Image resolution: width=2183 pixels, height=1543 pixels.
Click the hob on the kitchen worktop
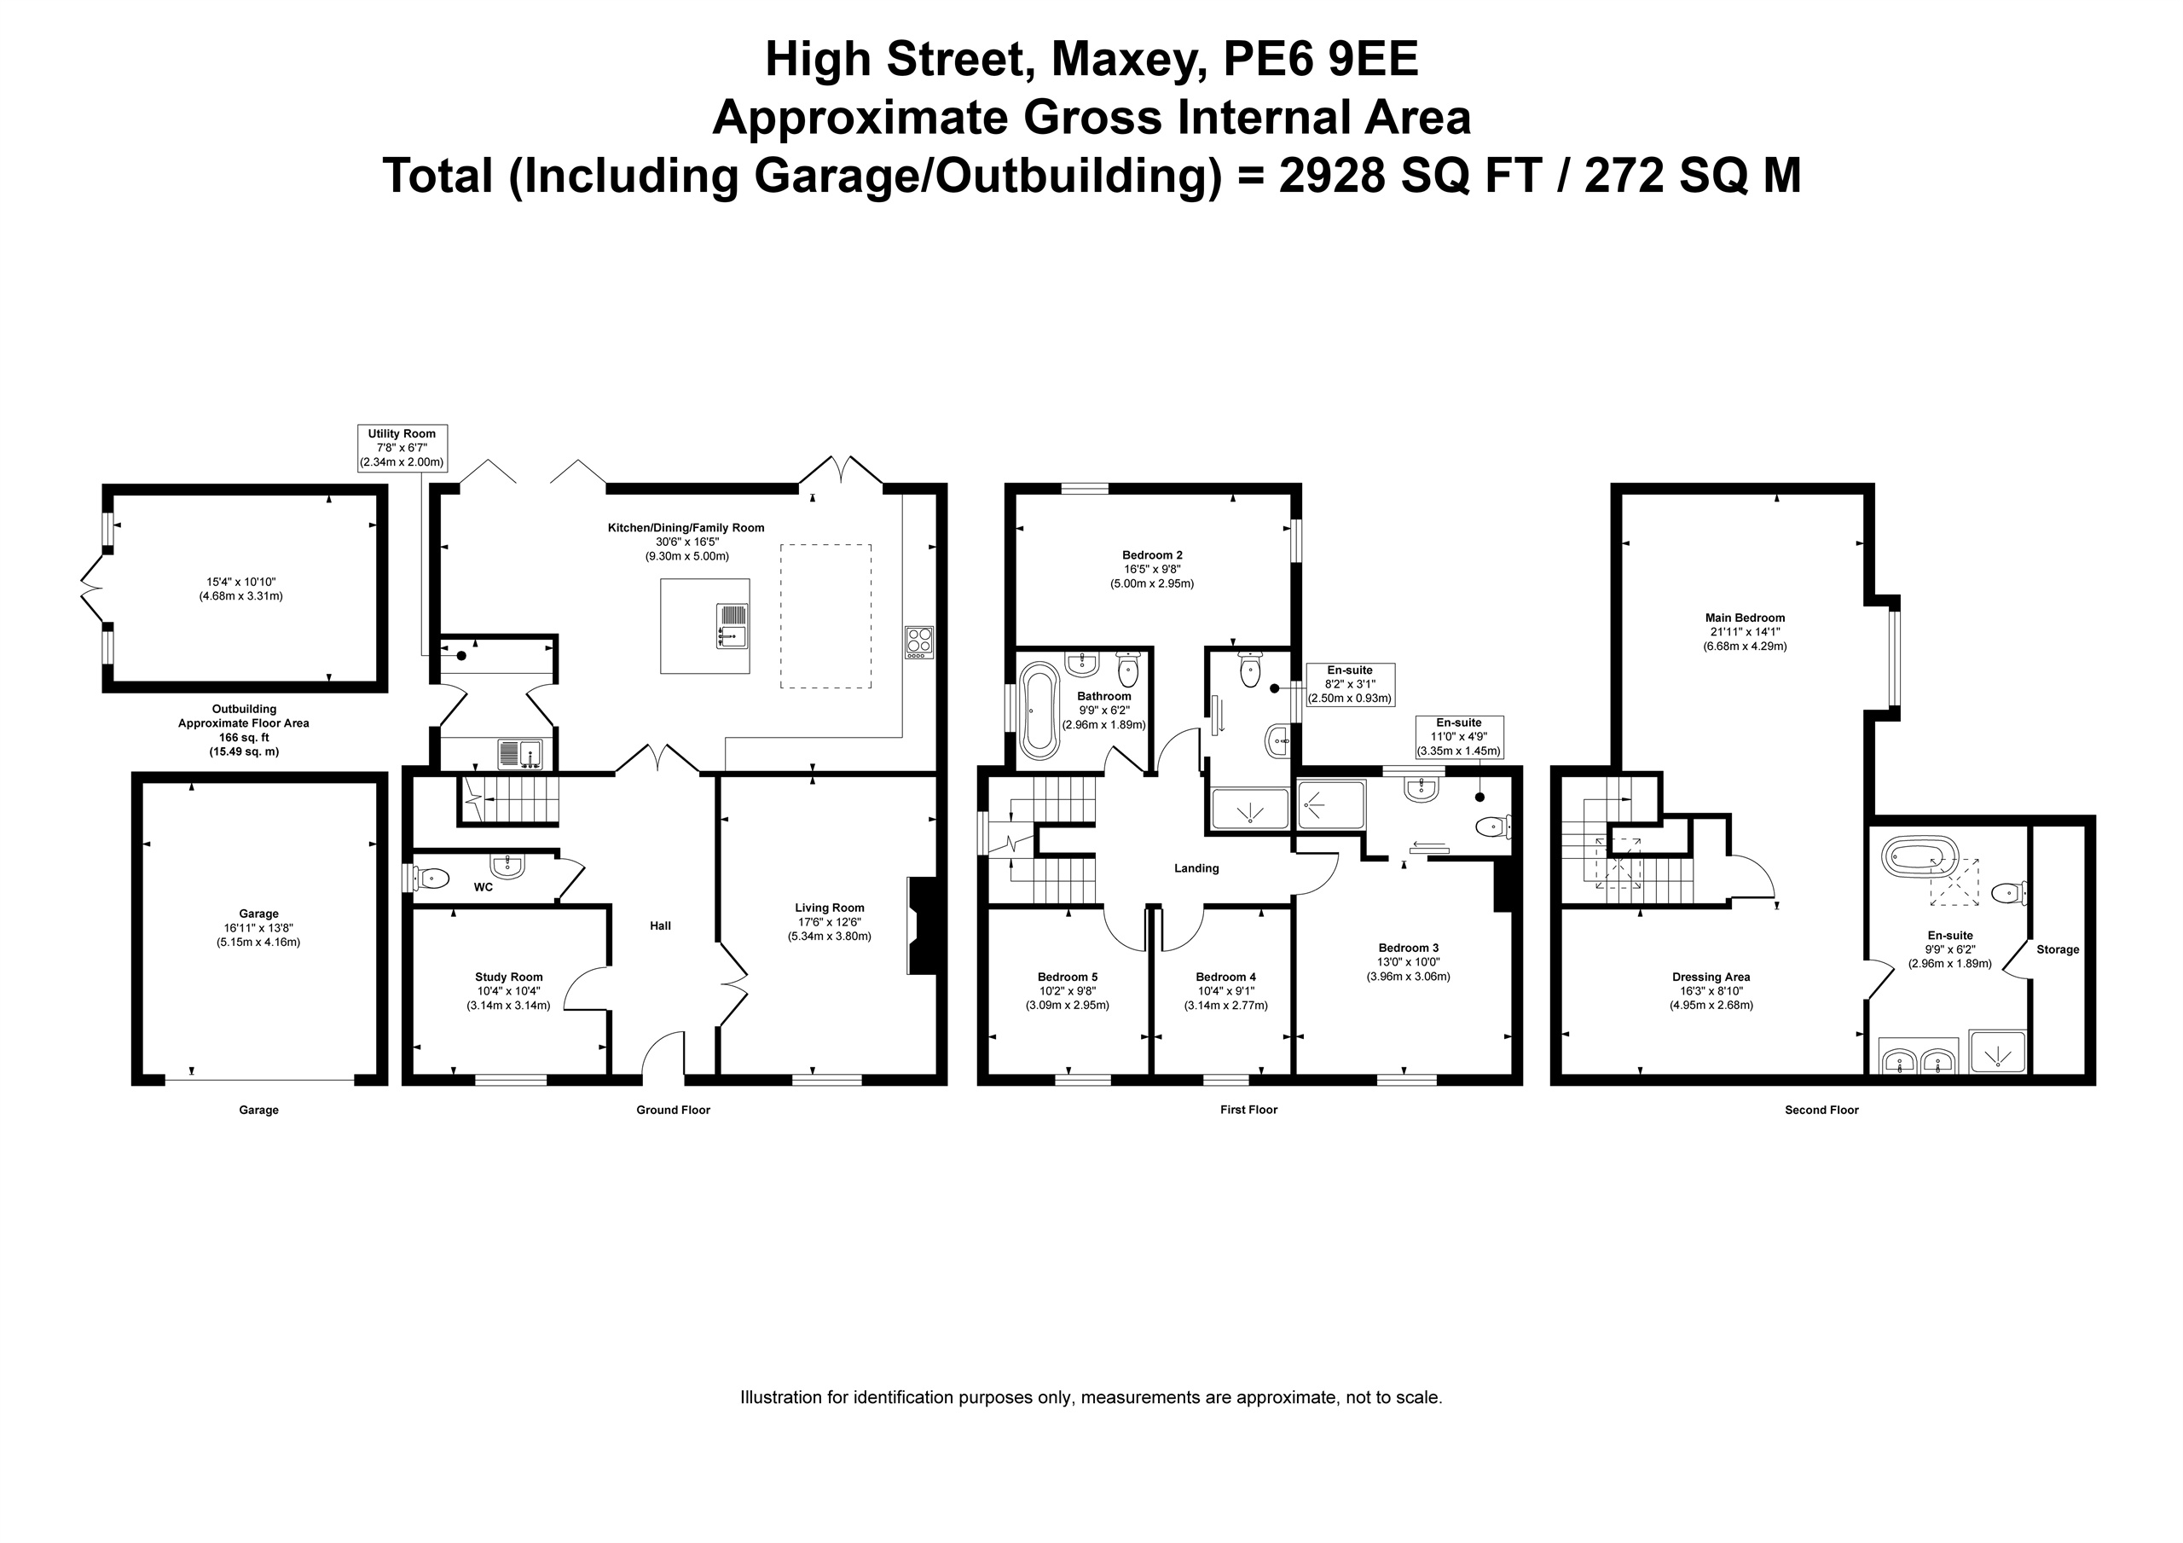(919, 641)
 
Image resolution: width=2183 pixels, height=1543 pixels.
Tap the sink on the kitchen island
(732, 626)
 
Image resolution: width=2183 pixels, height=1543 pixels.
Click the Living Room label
(829, 908)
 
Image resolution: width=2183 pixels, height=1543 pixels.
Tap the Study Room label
(509, 977)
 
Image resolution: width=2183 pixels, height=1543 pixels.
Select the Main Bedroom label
(1745, 618)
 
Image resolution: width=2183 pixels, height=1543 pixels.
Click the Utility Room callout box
(402, 448)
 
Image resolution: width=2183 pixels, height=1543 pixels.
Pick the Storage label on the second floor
(2058, 949)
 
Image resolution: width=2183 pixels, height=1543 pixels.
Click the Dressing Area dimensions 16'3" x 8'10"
(1711, 990)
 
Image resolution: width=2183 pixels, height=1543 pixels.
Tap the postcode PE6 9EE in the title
(1321, 59)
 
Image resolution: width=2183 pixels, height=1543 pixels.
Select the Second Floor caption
(1821, 1109)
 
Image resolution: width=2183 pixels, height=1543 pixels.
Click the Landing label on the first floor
(1196, 867)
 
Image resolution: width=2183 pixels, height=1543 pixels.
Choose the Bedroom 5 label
(1067, 977)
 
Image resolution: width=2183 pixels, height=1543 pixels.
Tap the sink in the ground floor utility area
(519, 753)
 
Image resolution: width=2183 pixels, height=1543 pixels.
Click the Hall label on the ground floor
(660, 925)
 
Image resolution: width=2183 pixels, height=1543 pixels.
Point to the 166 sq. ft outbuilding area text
(243, 737)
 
